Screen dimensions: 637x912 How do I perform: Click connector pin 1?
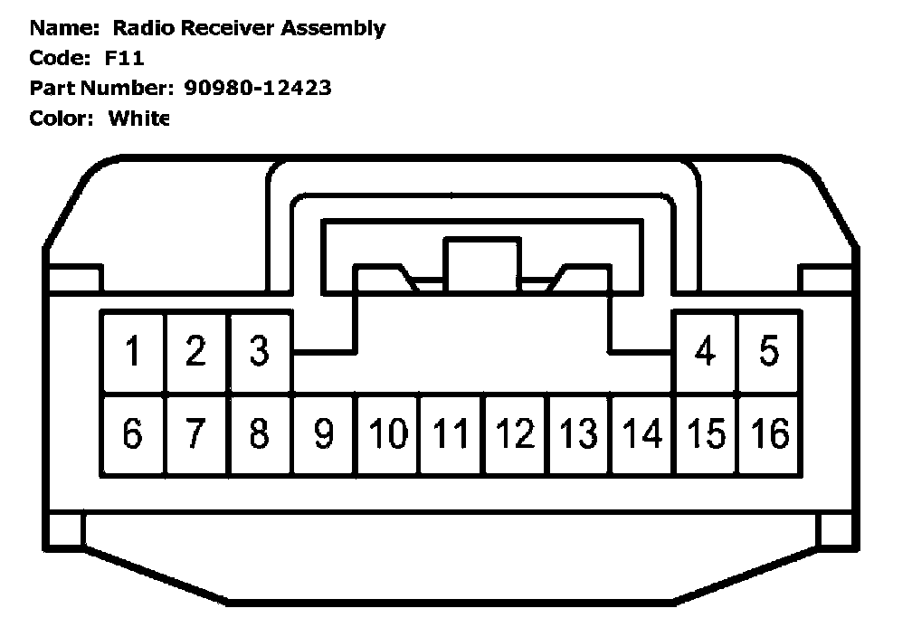pos(133,351)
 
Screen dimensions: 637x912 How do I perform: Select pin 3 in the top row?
pos(260,351)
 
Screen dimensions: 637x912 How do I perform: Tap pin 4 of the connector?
pos(705,351)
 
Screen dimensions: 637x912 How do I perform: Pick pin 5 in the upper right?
pos(769,351)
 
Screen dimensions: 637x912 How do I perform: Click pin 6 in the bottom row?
pos(133,434)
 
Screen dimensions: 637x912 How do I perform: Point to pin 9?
pos(323,434)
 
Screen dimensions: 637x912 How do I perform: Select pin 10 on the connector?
pos(387,434)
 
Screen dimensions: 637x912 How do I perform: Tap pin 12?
pos(515,434)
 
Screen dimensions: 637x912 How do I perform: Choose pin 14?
pos(641,434)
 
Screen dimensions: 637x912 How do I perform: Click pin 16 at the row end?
pos(770,434)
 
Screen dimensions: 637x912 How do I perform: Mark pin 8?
pos(260,434)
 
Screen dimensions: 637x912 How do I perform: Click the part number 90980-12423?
pos(258,88)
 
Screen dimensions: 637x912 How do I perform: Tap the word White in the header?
pos(138,118)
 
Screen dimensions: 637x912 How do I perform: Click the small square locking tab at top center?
pos(480,262)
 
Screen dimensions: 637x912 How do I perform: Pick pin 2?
pos(196,351)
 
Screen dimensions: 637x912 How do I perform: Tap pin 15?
pos(706,434)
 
